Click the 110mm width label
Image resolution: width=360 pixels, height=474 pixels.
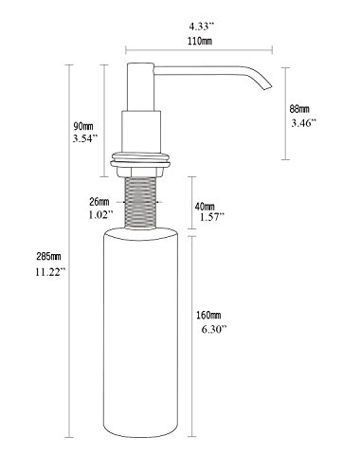pyautogui.click(x=200, y=41)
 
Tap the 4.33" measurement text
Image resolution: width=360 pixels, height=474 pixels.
pyautogui.click(x=202, y=27)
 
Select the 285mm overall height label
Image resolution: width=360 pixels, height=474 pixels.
pyautogui.click(x=48, y=257)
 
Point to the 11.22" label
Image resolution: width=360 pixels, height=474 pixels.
pyautogui.click(x=50, y=272)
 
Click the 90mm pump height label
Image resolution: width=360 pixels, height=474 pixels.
pyautogui.click(x=83, y=126)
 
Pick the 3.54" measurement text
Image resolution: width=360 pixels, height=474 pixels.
pyautogui.click(x=85, y=138)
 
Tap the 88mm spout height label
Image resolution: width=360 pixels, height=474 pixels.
pyautogui.click(x=299, y=109)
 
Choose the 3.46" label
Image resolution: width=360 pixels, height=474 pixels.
pyautogui.click(x=303, y=122)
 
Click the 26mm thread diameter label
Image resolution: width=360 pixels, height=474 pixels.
pyautogui.click(x=99, y=201)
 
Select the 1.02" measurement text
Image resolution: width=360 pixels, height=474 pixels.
pyautogui.click(x=100, y=215)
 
